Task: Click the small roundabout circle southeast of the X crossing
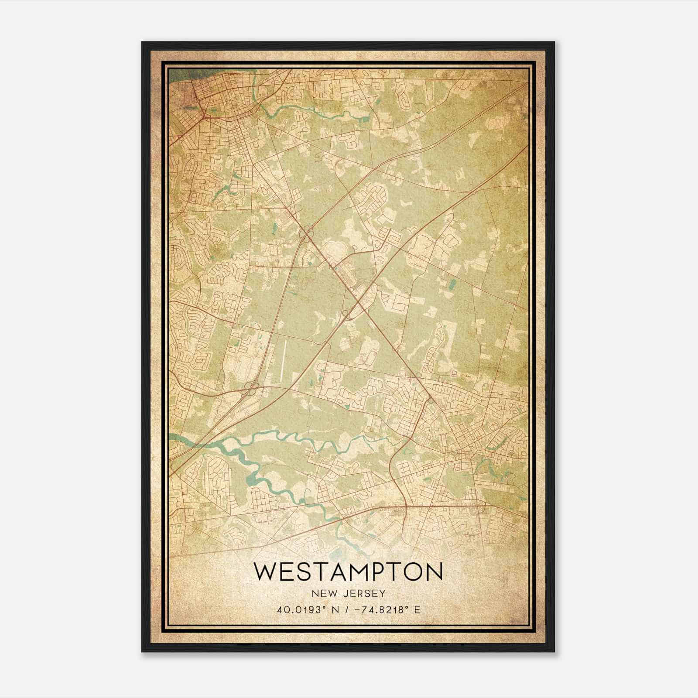pos(430,399)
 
